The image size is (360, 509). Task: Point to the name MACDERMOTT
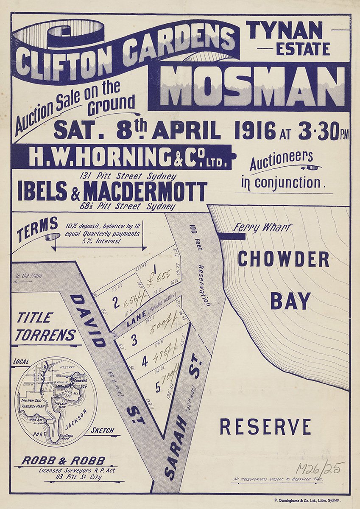click(x=145, y=192)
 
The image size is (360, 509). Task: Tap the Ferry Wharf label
click(x=262, y=228)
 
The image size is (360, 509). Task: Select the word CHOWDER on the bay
click(x=283, y=259)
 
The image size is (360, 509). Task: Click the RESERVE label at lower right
click(x=265, y=427)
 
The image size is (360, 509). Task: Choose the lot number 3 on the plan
click(x=134, y=341)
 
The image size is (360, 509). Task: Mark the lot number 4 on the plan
click(x=145, y=362)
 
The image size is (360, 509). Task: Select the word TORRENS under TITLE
click(x=46, y=335)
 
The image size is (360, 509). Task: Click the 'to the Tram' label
click(x=28, y=276)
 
